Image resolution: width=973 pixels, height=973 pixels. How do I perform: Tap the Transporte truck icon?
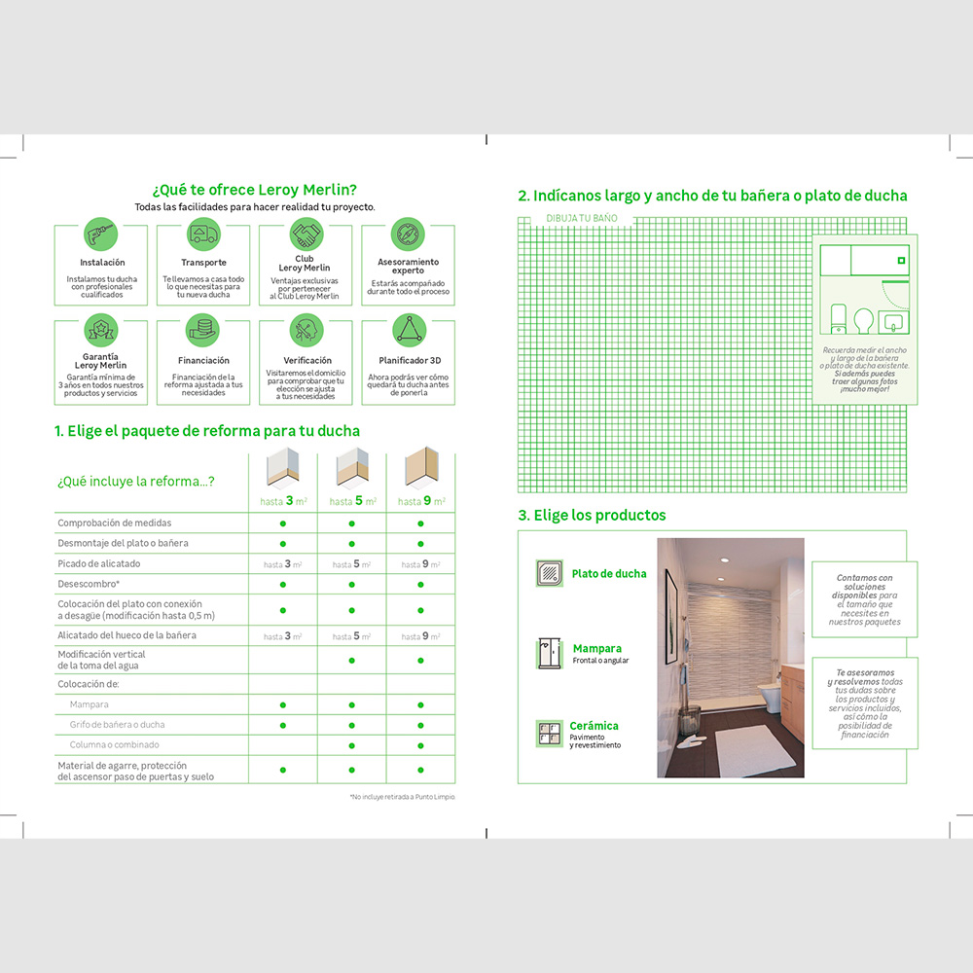(x=203, y=234)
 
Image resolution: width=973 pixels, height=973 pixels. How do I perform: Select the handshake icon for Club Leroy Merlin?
(x=306, y=234)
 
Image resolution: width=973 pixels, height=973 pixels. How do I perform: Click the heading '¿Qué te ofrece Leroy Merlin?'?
(x=254, y=189)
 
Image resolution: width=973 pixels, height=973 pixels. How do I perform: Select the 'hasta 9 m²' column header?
(x=420, y=501)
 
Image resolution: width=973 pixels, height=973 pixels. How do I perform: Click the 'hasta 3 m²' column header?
(x=282, y=501)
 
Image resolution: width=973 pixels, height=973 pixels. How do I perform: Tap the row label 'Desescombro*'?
(x=89, y=584)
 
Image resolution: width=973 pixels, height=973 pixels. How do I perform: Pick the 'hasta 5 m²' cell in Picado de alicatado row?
(x=351, y=564)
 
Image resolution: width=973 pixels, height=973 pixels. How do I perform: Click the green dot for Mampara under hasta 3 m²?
(x=282, y=704)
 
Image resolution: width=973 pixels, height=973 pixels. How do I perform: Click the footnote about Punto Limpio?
(x=402, y=797)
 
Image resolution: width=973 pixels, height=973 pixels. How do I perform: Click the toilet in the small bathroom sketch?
(x=838, y=316)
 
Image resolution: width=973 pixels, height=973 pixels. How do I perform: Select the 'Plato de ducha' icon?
(x=550, y=573)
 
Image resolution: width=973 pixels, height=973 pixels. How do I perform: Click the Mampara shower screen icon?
(x=550, y=653)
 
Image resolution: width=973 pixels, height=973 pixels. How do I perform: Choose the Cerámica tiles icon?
(x=550, y=734)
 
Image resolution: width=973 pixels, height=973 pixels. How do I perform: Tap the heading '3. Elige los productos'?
(x=592, y=515)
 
